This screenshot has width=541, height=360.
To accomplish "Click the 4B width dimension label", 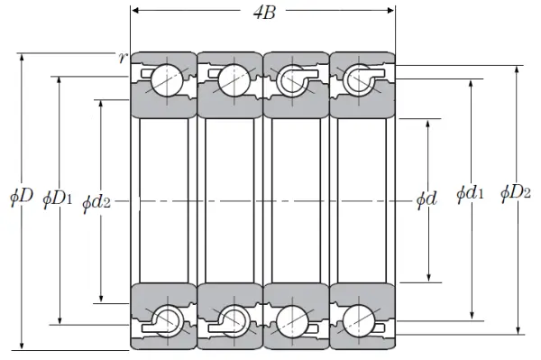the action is coord(264,14).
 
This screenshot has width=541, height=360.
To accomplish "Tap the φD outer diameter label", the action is coord(22,197).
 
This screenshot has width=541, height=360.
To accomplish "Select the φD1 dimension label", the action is coord(58,199).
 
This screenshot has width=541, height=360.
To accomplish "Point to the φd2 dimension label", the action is coord(96,203).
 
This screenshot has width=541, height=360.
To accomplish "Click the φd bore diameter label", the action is coord(426,199).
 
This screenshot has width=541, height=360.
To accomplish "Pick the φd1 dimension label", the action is coord(470,193).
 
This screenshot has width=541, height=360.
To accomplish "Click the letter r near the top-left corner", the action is coord(122,58).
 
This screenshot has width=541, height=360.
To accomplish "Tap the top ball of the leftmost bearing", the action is coord(167,80).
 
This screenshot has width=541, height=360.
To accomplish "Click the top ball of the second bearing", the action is coord(234,80).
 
